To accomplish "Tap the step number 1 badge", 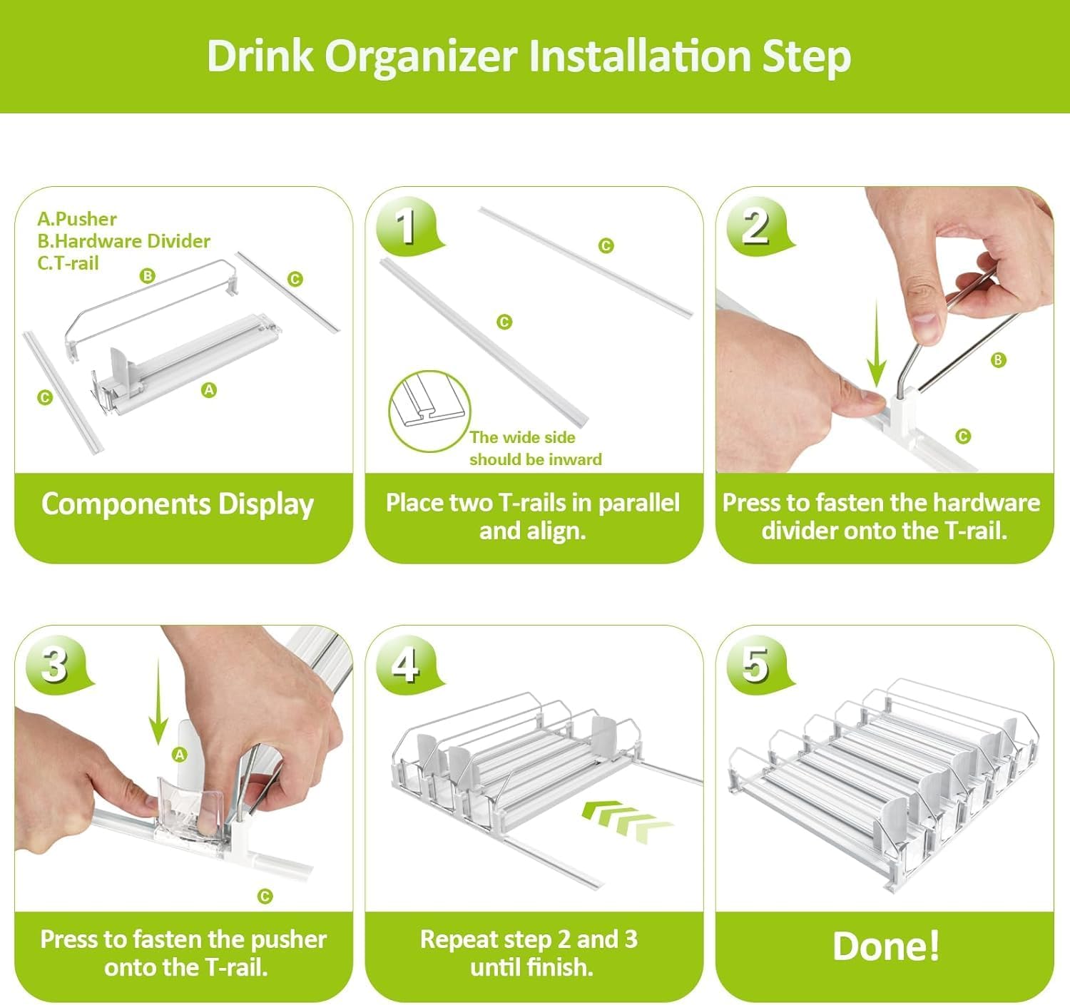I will click(x=406, y=225).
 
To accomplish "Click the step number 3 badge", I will click(x=55, y=665).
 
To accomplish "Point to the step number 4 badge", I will click(x=406, y=665).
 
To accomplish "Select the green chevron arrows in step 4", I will click(x=626, y=817).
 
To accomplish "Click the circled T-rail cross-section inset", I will click(x=429, y=411).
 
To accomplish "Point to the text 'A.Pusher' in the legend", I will click(x=77, y=219).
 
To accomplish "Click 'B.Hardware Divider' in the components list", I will click(x=123, y=241).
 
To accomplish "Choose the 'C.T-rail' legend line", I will click(x=68, y=263).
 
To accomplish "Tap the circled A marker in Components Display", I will click(x=209, y=390).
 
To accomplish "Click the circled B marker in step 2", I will click(x=998, y=360).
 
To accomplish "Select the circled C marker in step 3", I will click(x=265, y=897).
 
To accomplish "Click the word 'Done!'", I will click(x=885, y=947).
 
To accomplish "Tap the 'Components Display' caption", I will click(x=178, y=504).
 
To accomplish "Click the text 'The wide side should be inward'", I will click(x=534, y=448).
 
